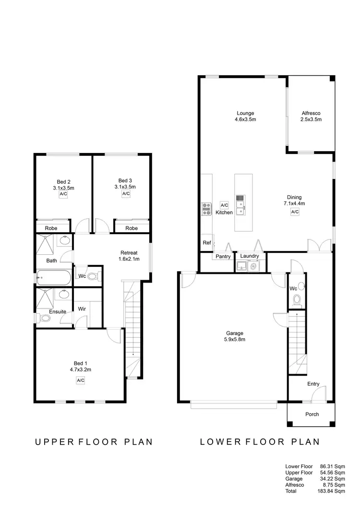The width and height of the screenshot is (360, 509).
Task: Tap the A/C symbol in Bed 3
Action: [126, 194]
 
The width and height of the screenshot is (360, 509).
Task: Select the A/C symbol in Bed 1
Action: [80, 380]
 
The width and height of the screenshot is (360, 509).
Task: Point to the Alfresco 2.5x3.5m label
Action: [311, 117]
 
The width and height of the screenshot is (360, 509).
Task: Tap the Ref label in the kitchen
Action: [206, 243]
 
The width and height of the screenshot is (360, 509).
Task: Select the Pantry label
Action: [223, 257]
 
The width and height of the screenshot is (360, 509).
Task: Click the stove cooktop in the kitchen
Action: [206, 208]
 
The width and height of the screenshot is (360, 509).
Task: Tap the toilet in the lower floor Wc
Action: [297, 300]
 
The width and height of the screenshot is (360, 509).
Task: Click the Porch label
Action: [312, 414]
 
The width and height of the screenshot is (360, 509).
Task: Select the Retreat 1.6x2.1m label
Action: [129, 256]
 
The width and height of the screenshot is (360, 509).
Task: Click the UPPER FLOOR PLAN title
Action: [94, 442]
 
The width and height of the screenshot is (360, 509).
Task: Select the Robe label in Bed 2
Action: [51, 228]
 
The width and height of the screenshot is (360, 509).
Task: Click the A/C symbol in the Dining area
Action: [295, 212]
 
